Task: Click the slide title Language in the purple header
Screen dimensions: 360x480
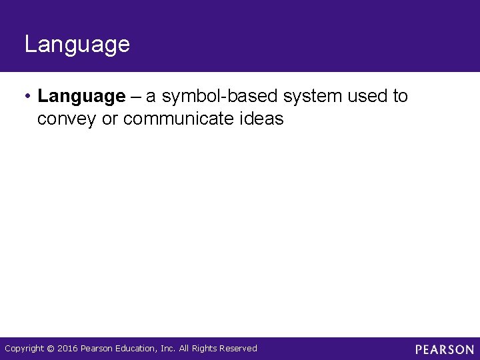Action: pyautogui.click(x=77, y=45)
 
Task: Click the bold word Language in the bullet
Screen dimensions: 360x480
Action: pyautogui.click(x=81, y=97)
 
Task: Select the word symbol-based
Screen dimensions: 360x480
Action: pyautogui.click(x=220, y=97)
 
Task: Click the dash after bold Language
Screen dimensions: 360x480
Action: pyautogui.click(x=135, y=97)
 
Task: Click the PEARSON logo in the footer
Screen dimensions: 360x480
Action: pyautogui.click(x=444, y=349)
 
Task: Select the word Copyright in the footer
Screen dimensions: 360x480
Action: pyautogui.click(x=25, y=348)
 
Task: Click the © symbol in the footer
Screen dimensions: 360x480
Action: pyautogui.click(x=51, y=349)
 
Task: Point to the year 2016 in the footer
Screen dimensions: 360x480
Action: pyautogui.click(x=67, y=348)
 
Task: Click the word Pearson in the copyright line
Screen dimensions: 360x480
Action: pyautogui.click(x=97, y=348)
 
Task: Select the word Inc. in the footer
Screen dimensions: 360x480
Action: pyautogui.click(x=167, y=348)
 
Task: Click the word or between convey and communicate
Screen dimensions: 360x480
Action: pyautogui.click(x=110, y=119)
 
